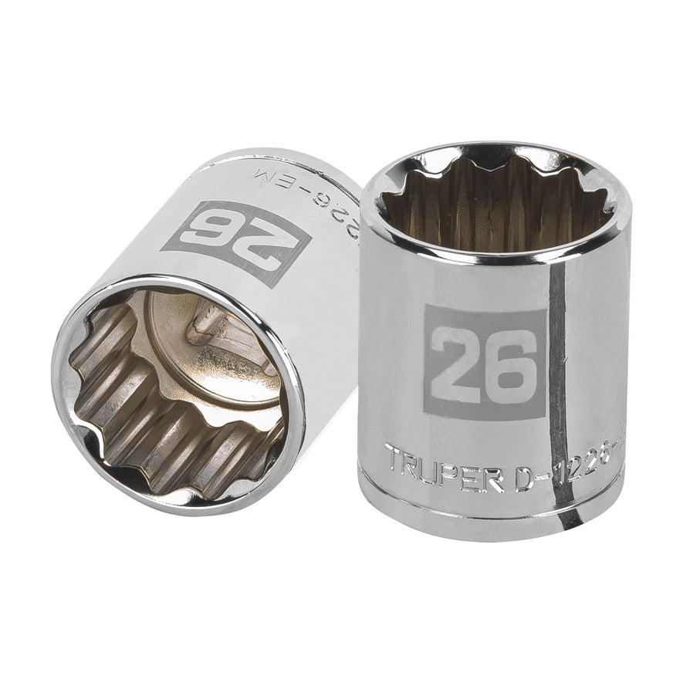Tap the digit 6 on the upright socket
pos(509,362)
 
